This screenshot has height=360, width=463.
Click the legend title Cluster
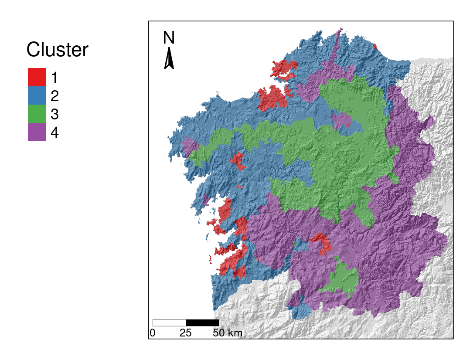point(57,50)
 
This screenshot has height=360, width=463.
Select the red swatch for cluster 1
point(37,77)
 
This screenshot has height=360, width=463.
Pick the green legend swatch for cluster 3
point(37,114)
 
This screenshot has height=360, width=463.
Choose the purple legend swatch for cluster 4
point(37,132)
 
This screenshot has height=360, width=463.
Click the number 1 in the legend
point(54,78)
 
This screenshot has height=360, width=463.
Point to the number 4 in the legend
point(54,132)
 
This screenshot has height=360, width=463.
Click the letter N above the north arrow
point(169,38)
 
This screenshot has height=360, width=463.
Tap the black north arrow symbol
point(169,58)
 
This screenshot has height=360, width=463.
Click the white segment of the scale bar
point(169,323)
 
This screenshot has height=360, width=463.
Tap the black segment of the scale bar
point(202,323)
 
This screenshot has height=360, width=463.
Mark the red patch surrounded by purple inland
point(321,242)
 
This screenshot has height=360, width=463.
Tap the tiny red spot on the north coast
point(375,46)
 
